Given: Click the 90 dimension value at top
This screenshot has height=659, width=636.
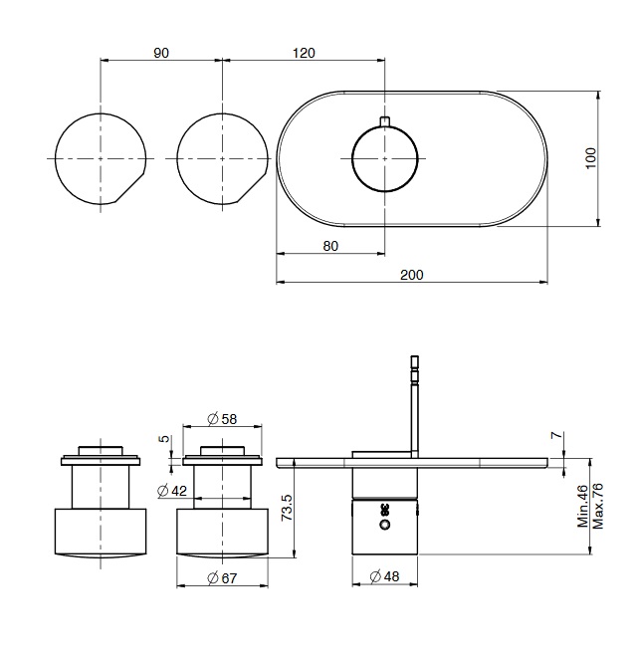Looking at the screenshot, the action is click(161, 53).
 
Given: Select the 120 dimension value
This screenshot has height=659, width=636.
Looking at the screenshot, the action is click(304, 53).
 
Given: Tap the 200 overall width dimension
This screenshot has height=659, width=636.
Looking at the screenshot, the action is click(412, 275).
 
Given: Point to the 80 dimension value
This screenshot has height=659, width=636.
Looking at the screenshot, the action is click(330, 246).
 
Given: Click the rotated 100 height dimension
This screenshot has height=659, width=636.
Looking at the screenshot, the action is click(590, 158).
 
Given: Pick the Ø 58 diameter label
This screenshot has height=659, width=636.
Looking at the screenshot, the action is click(222, 419).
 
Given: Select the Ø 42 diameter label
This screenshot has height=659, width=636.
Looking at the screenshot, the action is click(172, 490).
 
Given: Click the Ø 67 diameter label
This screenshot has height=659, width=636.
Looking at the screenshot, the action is click(222, 578).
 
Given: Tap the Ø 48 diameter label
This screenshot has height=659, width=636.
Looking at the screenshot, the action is click(384, 575).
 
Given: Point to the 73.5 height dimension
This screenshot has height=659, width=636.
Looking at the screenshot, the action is click(287, 508).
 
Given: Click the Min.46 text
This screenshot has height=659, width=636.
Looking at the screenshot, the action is click(583, 506).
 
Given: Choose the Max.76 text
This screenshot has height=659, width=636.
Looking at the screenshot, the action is click(597, 506).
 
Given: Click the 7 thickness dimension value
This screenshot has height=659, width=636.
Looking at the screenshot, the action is click(556, 435).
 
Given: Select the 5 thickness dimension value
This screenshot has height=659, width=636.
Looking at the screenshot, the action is click(164, 438).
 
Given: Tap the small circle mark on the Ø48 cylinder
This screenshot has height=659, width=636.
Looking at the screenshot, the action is click(384, 525).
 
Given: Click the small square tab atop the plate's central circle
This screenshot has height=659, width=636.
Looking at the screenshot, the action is click(385, 121).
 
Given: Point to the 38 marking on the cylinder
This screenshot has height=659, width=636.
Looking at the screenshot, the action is click(384, 510).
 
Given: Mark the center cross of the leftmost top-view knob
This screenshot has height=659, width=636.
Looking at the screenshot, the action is click(101, 158).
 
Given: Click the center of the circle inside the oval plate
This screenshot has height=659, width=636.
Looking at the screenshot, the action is click(385, 158).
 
